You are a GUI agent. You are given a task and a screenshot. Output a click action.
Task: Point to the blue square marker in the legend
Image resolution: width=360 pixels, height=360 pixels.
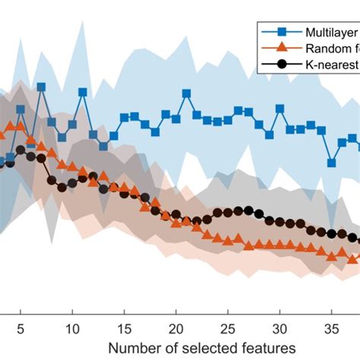pyautogui.click(x=282, y=33)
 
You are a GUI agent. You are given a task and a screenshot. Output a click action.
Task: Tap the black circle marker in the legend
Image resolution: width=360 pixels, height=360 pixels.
pyautogui.click(x=282, y=63)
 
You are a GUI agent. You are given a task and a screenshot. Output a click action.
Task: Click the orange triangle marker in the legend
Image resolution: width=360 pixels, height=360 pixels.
pyautogui.click(x=282, y=48)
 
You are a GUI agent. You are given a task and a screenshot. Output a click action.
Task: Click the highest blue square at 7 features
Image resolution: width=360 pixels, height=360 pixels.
pyautogui.click(x=41, y=87)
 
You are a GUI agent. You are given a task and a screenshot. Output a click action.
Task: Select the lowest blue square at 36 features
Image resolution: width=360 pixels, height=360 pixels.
pyautogui.click(x=331, y=162)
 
